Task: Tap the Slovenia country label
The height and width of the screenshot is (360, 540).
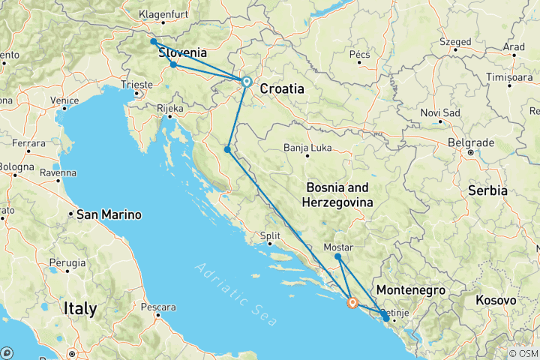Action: [x=183, y=53]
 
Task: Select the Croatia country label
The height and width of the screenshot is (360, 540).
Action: [x=282, y=88]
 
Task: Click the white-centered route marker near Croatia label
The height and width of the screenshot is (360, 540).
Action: [x=246, y=82]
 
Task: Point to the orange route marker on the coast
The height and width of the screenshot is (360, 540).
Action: [x=352, y=304]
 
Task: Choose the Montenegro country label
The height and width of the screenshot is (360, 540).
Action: [x=411, y=290]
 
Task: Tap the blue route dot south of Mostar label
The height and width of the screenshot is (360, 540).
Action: [x=338, y=257]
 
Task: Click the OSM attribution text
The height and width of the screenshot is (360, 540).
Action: [x=523, y=353]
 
